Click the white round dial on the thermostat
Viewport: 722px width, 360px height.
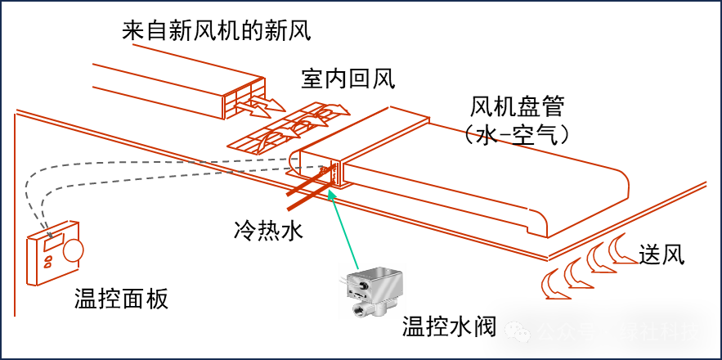[x=73, y=250]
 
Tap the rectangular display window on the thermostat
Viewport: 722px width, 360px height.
[x=54, y=242]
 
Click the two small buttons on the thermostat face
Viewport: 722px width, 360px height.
[x=48, y=262]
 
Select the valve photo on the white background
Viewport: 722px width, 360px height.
[x=373, y=291]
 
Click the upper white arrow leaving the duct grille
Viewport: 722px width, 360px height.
[x=268, y=104]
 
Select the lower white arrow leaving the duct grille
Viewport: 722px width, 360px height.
[x=252, y=110]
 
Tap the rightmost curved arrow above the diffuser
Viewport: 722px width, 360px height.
[x=334, y=109]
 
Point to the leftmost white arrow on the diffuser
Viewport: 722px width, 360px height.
[x=260, y=144]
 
